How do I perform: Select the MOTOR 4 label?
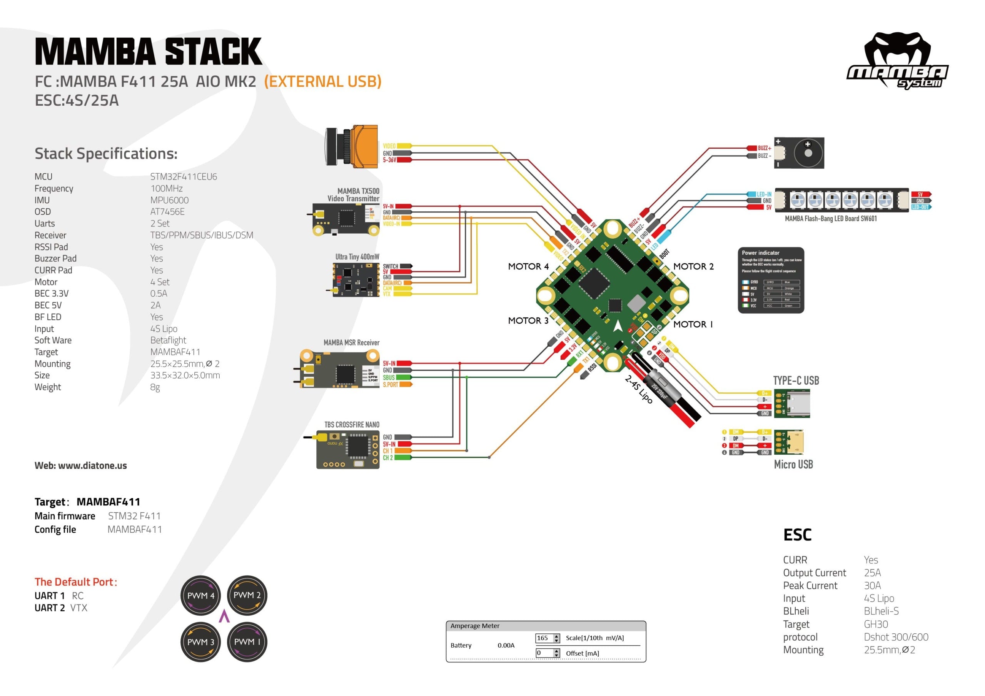point(528,267)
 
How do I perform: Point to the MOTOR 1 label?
point(693,324)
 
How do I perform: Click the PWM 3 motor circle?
point(200,641)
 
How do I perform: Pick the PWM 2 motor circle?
point(247,595)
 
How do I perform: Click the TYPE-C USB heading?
point(796,380)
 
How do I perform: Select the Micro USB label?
point(793,464)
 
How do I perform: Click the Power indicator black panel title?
point(761,253)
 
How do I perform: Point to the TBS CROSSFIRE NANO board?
point(348,450)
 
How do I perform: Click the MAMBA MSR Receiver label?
point(351,342)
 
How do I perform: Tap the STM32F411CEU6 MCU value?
point(184,176)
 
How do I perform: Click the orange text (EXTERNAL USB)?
point(322,81)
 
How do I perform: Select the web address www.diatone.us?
point(92,465)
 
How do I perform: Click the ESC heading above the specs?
point(797,535)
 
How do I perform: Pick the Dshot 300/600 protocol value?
point(896,637)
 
